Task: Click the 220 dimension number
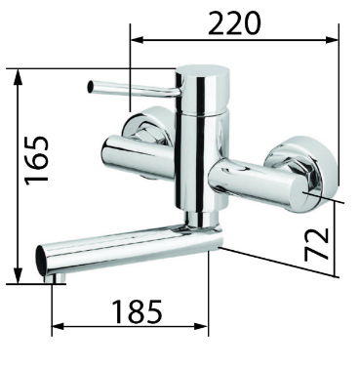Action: click(234, 23)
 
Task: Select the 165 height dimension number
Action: click(38, 161)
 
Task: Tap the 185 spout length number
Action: click(137, 311)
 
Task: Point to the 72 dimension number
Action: click(317, 244)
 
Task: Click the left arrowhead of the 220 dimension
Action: click(137, 40)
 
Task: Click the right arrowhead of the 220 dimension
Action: click(333, 40)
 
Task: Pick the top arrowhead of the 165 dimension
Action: click(19, 75)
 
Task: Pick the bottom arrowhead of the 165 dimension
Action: click(19, 275)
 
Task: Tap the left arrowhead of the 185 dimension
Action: click(59, 326)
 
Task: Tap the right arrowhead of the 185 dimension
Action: click(202, 326)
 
